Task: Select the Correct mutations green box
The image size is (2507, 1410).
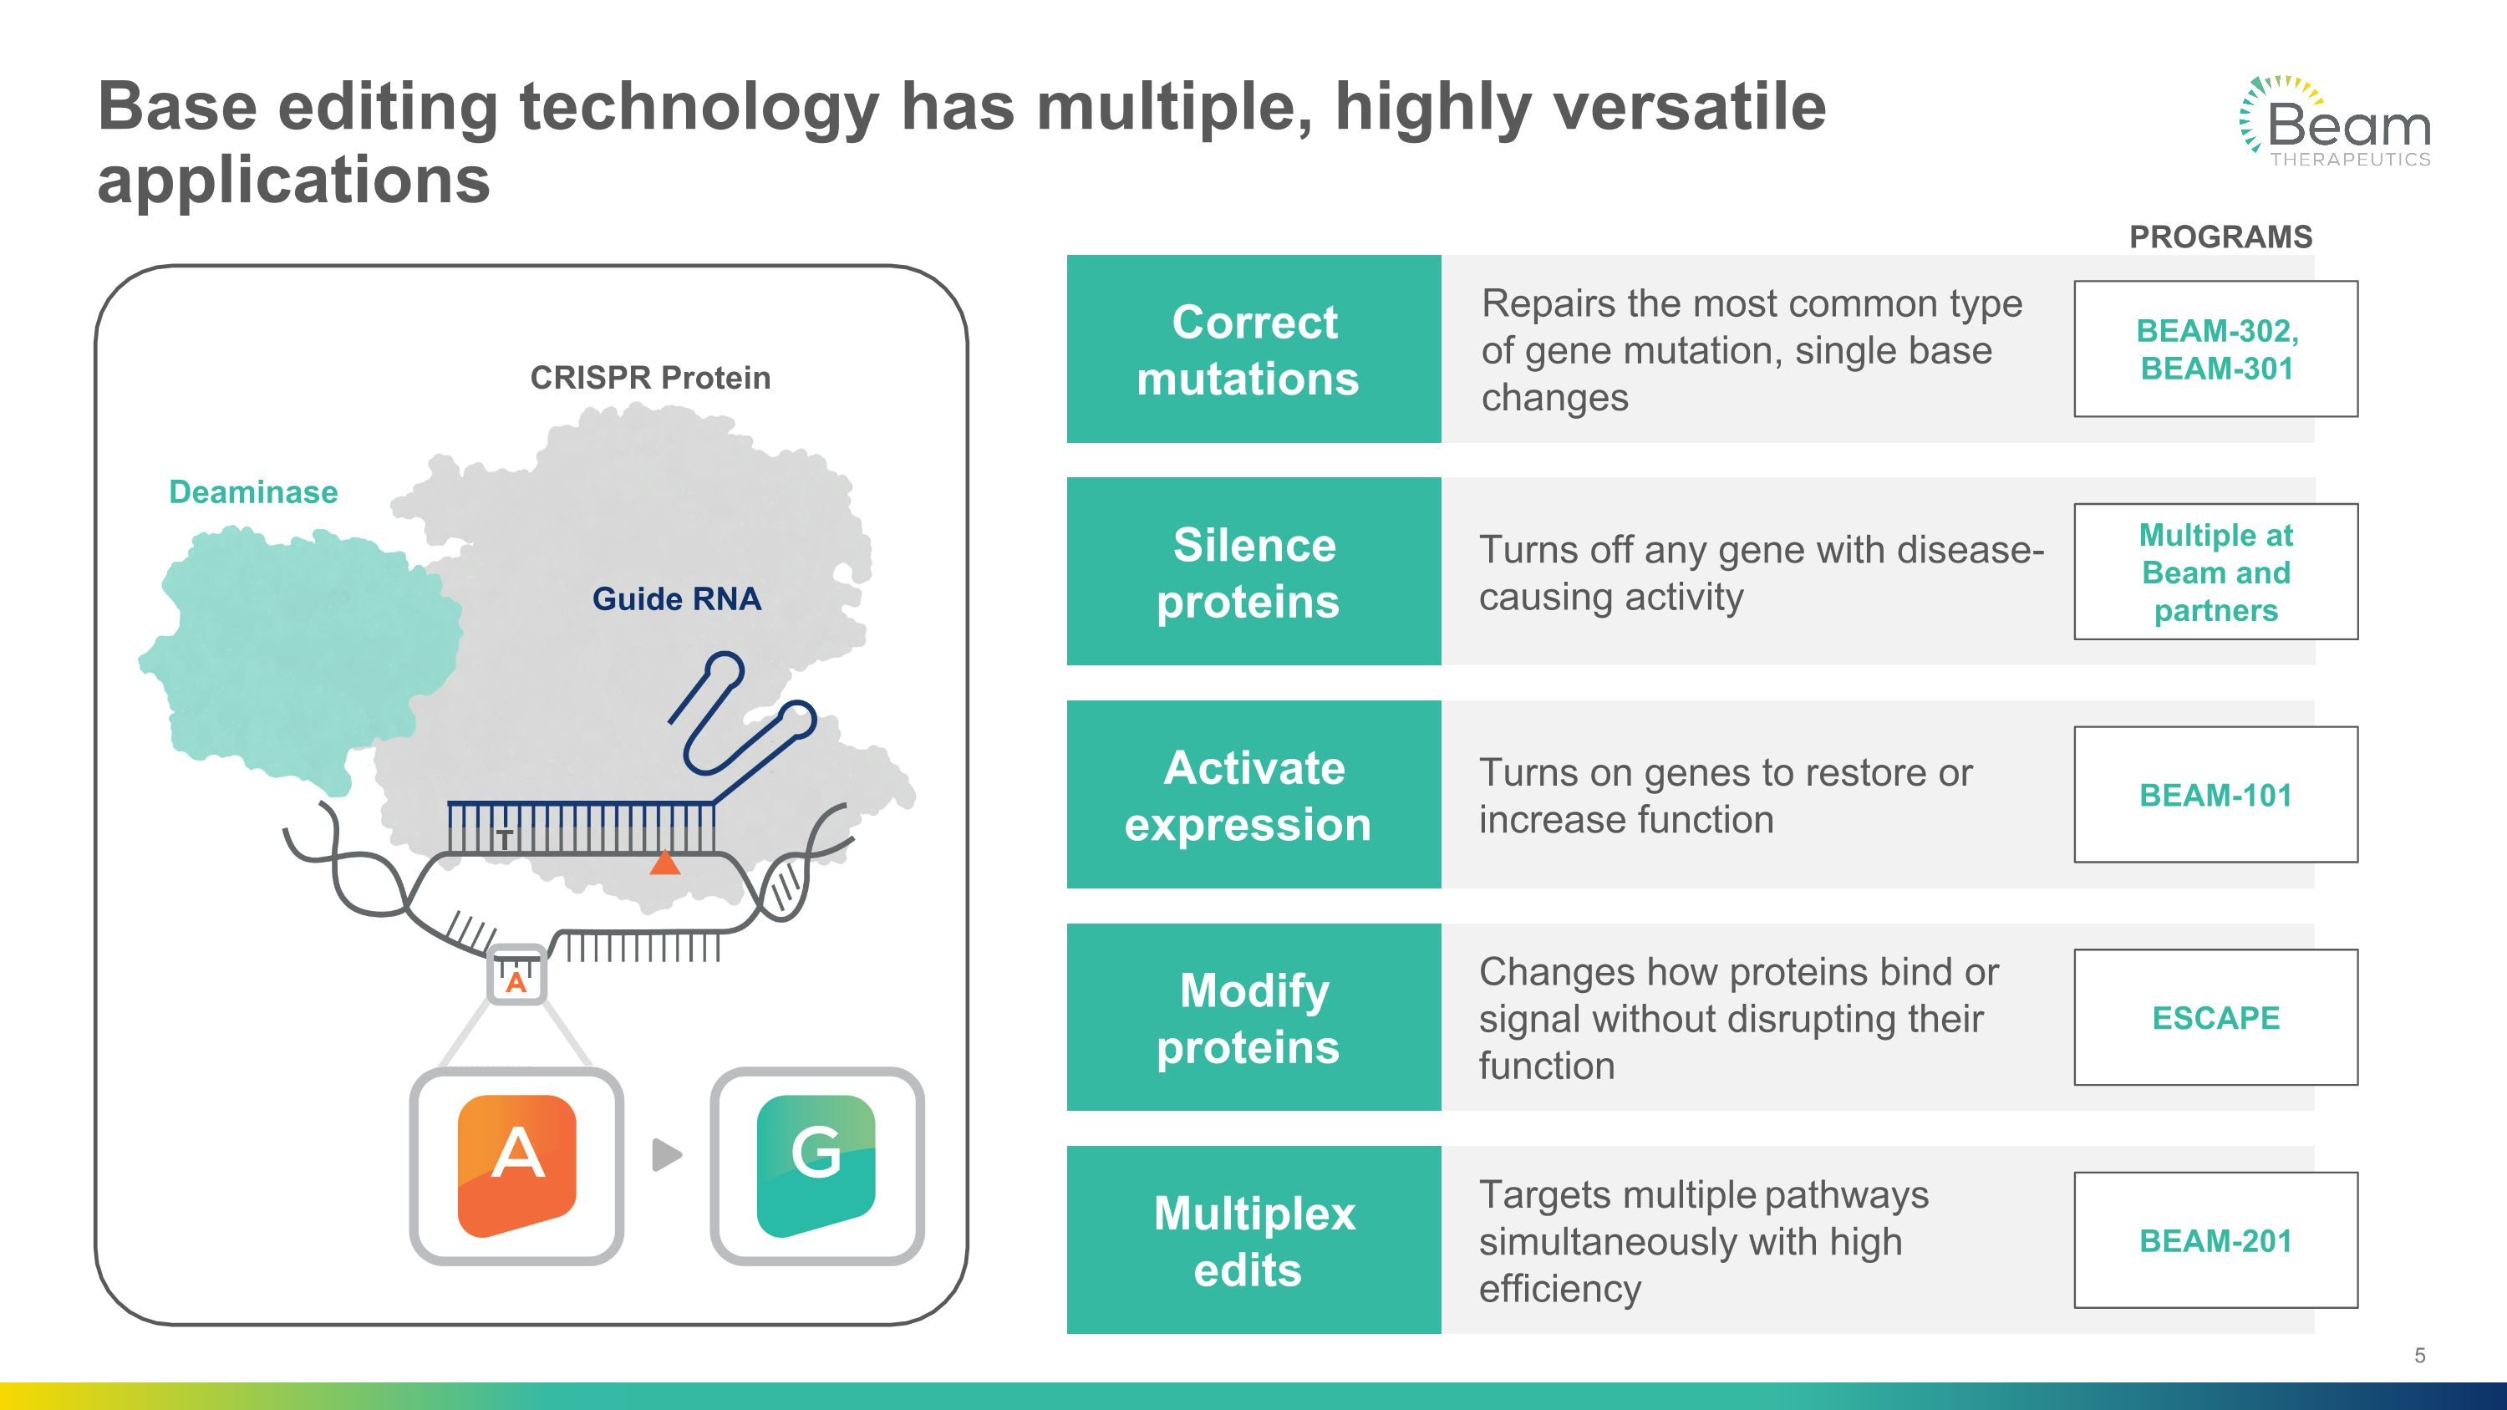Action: [1253, 349]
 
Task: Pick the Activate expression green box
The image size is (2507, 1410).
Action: [1253, 794]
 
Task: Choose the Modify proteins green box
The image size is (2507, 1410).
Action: [1253, 1017]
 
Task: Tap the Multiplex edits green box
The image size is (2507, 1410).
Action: [1253, 1239]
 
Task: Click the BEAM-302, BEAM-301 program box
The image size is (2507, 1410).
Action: [2216, 349]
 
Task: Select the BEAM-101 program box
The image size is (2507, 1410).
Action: [2216, 794]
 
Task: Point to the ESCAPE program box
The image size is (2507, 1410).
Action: [2216, 1017]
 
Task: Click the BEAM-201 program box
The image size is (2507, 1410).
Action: [2216, 1239]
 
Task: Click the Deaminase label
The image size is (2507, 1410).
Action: [253, 492]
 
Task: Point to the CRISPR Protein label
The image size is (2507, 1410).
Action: [650, 378]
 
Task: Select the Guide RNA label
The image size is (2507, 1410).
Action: [676, 598]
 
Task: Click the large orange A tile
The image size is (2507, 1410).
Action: [516, 1166]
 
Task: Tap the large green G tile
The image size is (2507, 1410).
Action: [816, 1166]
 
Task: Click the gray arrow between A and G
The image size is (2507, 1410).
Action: [668, 1155]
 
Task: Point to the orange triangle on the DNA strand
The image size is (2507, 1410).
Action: [664, 863]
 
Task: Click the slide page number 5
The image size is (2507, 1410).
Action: [2419, 1356]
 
